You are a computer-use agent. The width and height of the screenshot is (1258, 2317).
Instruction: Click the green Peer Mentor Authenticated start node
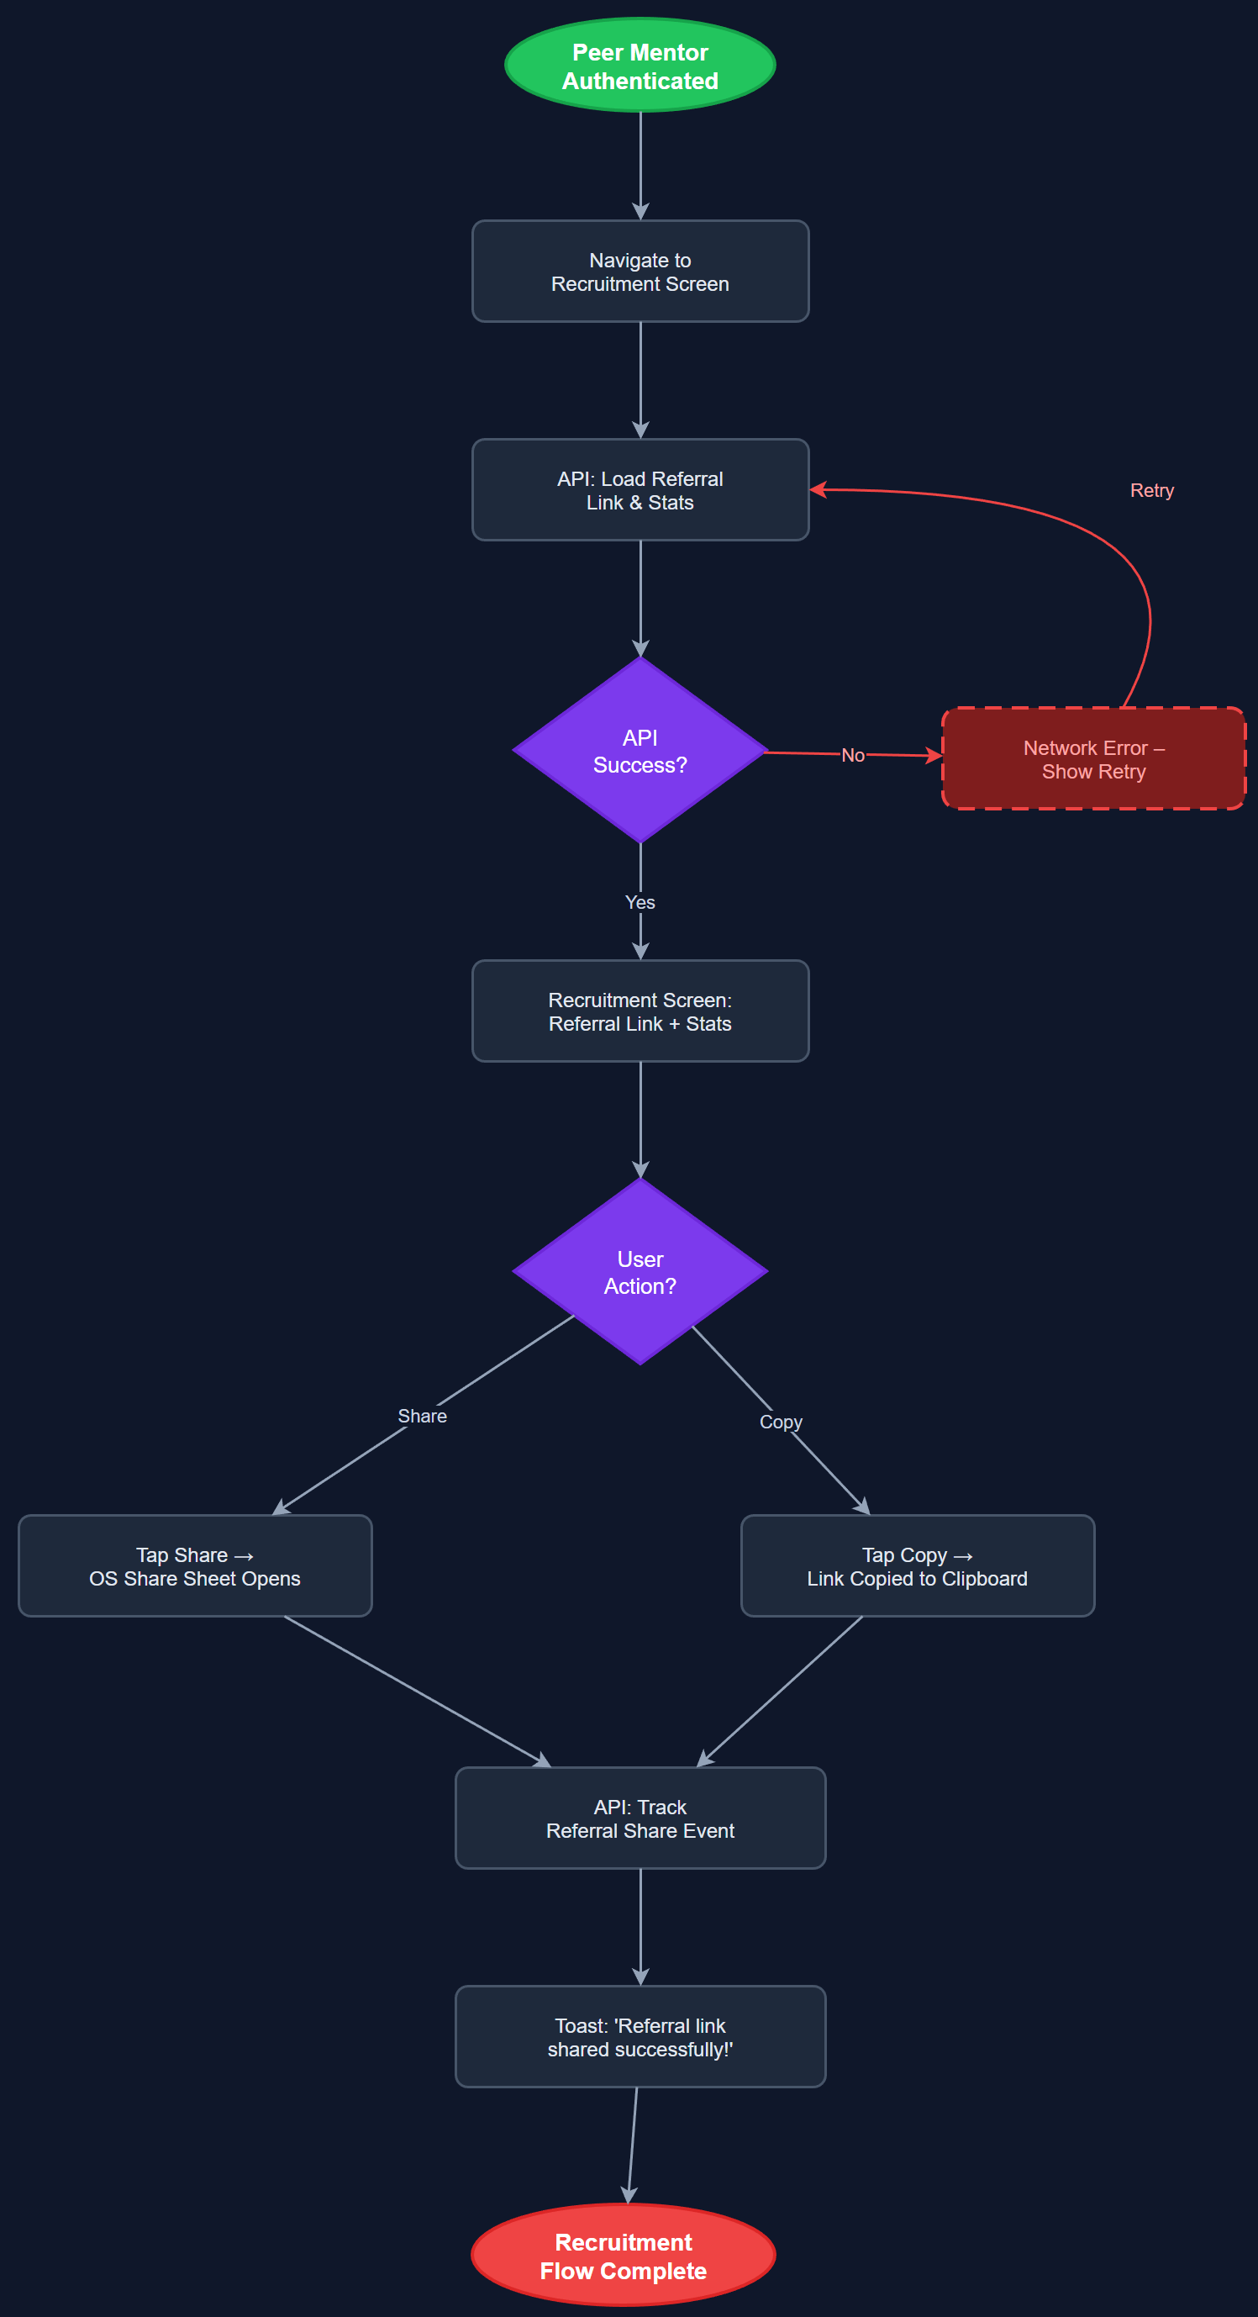[640, 65]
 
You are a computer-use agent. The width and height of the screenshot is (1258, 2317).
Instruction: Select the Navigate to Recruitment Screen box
[640, 271]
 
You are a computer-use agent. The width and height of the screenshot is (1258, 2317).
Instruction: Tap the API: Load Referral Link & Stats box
[640, 489]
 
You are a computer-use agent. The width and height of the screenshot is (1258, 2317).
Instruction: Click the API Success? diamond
[640, 750]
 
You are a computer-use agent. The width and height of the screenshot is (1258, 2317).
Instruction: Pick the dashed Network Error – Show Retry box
[1092, 758]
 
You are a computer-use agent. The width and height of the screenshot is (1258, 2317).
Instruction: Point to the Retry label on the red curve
[1151, 490]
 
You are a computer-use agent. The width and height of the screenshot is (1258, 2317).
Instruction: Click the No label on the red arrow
[852, 755]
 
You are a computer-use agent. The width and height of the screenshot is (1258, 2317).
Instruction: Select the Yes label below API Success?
[640, 901]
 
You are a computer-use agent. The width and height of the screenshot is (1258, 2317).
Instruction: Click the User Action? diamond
[640, 1271]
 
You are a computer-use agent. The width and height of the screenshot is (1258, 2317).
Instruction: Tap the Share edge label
[422, 1415]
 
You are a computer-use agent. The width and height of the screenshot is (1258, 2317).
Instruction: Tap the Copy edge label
[781, 1421]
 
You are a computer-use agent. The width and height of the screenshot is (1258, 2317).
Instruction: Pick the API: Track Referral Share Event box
[640, 1818]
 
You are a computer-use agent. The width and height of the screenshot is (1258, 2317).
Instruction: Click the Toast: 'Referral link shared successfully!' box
[640, 2036]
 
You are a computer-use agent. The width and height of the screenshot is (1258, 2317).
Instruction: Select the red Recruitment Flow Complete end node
[624, 2255]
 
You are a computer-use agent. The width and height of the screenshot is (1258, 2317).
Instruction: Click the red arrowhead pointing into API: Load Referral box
[817, 489]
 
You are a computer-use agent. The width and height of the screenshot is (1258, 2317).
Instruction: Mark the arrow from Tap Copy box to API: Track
[781, 1691]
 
